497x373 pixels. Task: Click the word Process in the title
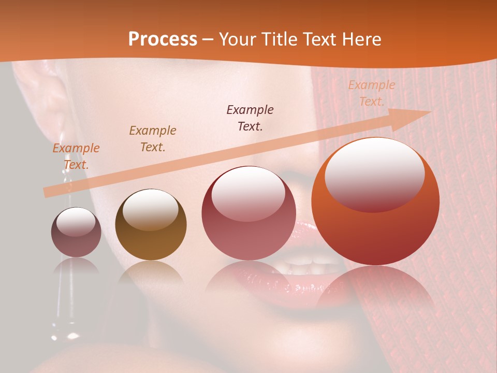pyautogui.click(x=163, y=39)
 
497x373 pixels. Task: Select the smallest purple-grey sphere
pyautogui.click(x=76, y=233)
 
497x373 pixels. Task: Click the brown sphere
pyautogui.click(x=151, y=225)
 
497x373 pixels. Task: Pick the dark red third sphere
pyautogui.click(x=248, y=213)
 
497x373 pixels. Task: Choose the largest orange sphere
pyautogui.click(x=375, y=202)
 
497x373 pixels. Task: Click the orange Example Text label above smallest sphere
pyautogui.click(x=76, y=156)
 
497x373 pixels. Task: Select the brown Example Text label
pyautogui.click(x=153, y=139)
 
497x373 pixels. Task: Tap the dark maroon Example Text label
pyautogui.click(x=250, y=118)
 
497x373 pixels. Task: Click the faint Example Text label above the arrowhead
pyautogui.click(x=371, y=93)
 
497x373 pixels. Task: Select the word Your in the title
pyautogui.click(x=237, y=39)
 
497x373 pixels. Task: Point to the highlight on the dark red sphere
pyautogui.click(x=248, y=193)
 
